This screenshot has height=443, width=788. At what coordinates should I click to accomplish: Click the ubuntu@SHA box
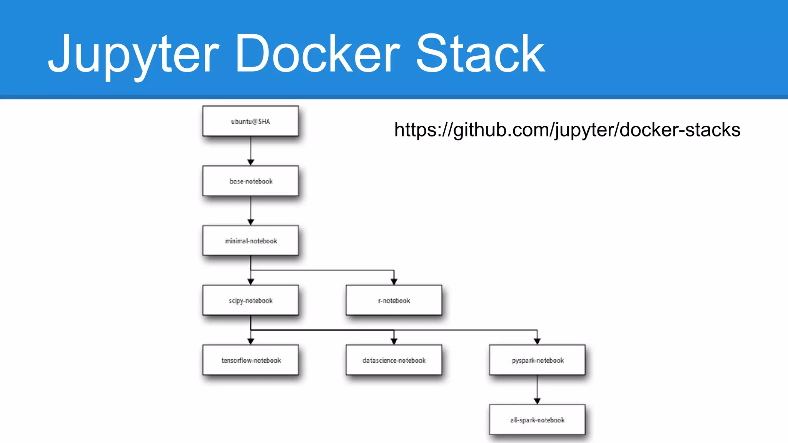[x=250, y=121]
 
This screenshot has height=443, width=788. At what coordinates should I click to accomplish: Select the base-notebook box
[x=250, y=181]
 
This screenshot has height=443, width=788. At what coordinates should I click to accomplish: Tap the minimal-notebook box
[x=250, y=241]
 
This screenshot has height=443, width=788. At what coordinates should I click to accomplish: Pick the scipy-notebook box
[x=250, y=300]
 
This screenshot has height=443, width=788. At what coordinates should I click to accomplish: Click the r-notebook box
[x=394, y=300]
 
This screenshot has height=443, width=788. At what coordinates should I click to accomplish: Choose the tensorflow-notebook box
[x=250, y=360]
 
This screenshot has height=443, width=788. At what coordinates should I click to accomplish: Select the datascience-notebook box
[x=394, y=360]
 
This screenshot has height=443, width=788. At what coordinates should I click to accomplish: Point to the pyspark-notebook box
[x=537, y=360]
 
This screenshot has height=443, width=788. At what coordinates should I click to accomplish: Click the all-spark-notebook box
[x=537, y=420]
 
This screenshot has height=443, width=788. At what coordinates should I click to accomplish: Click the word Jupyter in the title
[x=133, y=54]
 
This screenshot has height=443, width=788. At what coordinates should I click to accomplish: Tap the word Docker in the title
[x=317, y=54]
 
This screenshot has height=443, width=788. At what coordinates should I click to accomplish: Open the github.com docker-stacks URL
[x=567, y=130]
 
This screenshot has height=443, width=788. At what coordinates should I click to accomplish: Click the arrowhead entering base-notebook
[x=250, y=162]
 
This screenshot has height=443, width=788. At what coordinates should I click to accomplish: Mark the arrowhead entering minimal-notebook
[x=250, y=222]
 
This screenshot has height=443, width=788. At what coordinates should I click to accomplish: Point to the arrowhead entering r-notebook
[x=394, y=281]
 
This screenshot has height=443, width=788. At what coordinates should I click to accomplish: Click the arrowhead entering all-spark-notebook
[x=537, y=401]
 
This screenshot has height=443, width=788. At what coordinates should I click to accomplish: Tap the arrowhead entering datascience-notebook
[x=394, y=341]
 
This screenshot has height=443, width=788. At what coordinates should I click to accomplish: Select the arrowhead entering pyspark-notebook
[x=537, y=341]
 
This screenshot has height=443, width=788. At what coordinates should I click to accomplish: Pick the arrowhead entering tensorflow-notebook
[x=250, y=341]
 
